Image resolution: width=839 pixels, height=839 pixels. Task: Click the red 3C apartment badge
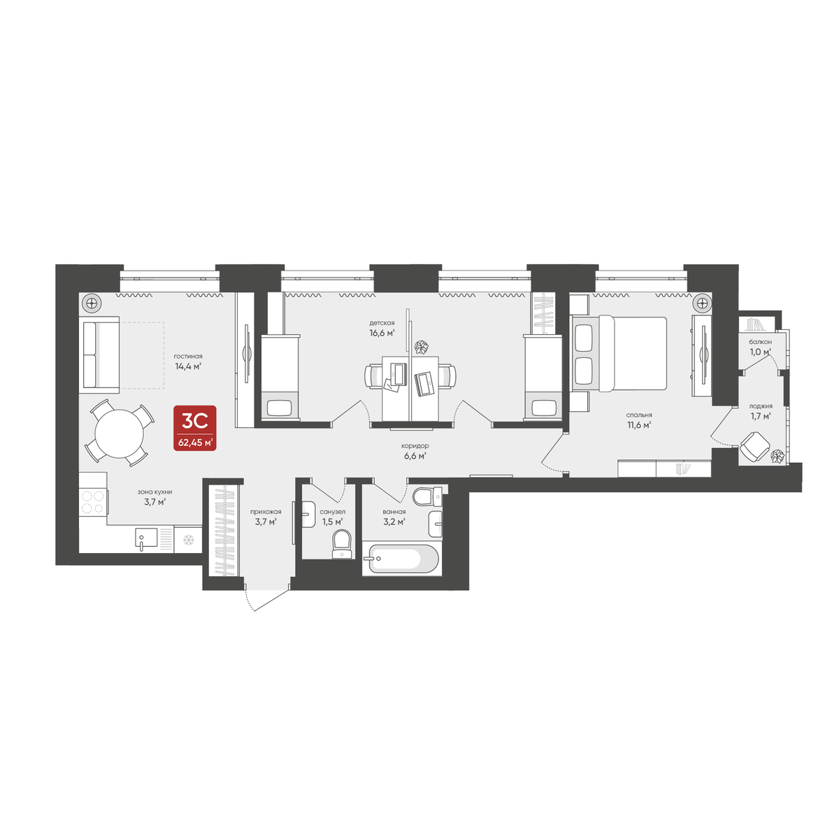194,428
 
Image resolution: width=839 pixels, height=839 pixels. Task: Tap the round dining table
120,433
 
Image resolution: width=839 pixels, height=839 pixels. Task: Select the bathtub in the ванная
401,558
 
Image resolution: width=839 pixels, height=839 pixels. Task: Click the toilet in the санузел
341,544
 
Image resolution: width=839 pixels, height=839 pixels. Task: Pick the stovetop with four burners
93,502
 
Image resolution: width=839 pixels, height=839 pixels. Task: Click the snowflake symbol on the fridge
188,540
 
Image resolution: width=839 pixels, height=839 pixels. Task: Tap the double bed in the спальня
620,354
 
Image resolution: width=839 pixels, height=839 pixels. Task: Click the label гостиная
187,356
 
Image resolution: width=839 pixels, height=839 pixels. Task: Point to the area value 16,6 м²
382,333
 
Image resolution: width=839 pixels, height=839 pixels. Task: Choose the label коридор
415,446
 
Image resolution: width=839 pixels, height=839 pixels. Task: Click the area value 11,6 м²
639,425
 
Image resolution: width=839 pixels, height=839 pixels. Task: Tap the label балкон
760,342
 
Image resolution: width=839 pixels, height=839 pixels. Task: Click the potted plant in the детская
421,347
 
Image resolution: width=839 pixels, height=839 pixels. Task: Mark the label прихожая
266,512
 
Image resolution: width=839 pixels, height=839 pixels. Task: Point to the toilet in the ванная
426,496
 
